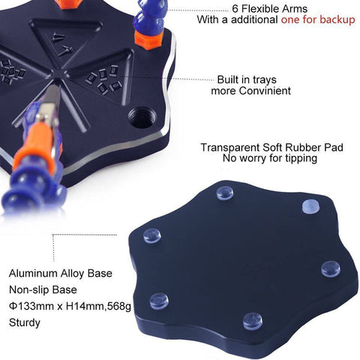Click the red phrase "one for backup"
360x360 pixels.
point(318,19)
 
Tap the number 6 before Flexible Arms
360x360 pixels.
point(235,9)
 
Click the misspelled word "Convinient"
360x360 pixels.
point(265,91)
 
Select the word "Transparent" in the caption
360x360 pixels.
point(229,147)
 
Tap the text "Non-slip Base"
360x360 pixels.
point(43,289)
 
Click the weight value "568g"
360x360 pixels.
point(119,307)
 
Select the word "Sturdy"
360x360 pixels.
point(25,322)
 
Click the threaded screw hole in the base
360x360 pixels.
point(142,118)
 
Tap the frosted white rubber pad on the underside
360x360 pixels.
point(310,206)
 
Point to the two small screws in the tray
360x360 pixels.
point(62,42)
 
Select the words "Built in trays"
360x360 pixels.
point(247,79)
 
